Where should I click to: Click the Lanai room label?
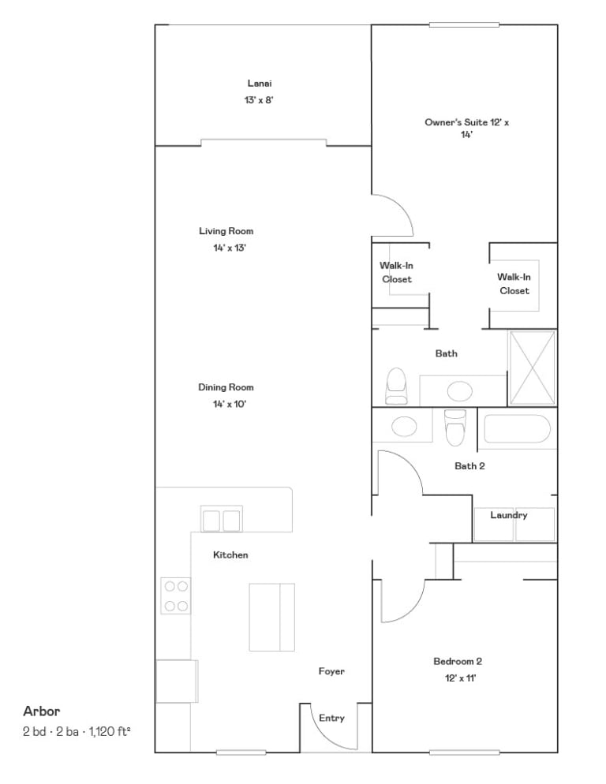pyautogui.click(x=260, y=84)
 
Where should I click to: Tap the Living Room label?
pyautogui.click(x=226, y=231)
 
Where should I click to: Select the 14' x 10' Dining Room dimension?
pyautogui.click(x=229, y=404)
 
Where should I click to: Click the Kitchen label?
pyautogui.click(x=230, y=554)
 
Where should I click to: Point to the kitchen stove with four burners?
pyautogui.click(x=176, y=595)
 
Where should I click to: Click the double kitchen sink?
pyautogui.click(x=221, y=520)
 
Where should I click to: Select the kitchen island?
pyautogui.click(x=271, y=617)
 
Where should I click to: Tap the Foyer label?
pyautogui.click(x=331, y=671)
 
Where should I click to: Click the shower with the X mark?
pyautogui.click(x=532, y=368)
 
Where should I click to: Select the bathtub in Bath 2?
pyautogui.click(x=517, y=428)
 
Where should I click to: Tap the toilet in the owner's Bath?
pyautogui.click(x=396, y=386)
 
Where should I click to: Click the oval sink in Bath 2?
pyautogui.click(x=404, y=427)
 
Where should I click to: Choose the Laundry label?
pyautogui.click(x=508, y=515)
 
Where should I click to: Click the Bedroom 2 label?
pyautogui.click(x=458, y=661)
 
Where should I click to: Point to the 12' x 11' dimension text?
pyautogui.click(x=460, y=678)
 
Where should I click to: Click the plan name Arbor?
pyautogui.click(x=42, y=711)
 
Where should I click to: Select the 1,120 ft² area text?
pyautogui.click(x=110, y=731)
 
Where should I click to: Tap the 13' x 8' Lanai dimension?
pyautogui.click(x=259, y=100)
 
